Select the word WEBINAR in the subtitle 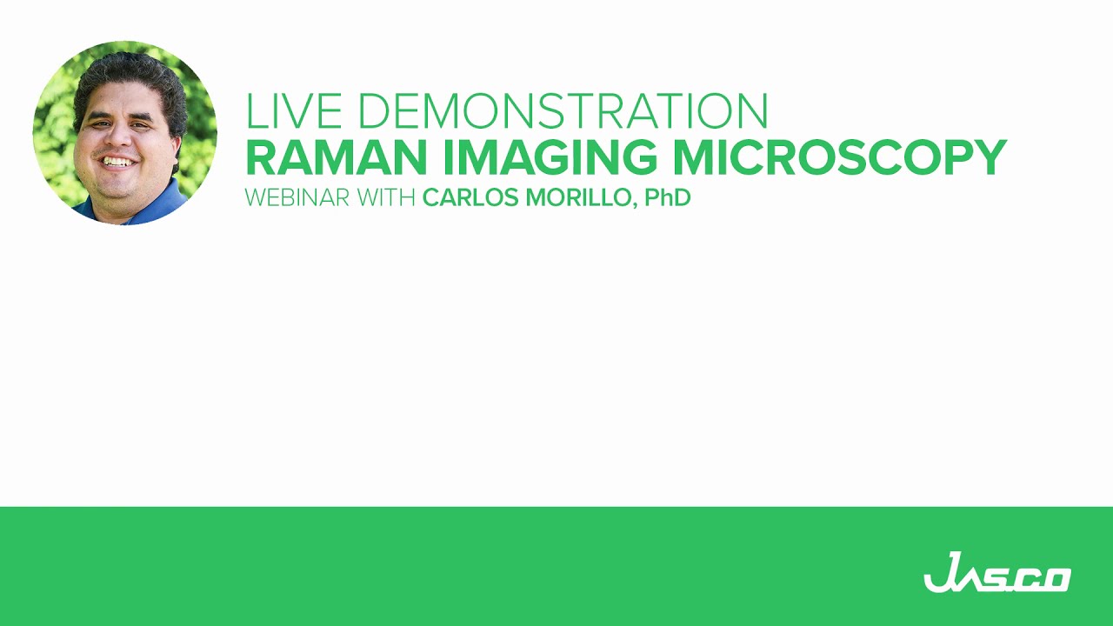click(x=285, y=198)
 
